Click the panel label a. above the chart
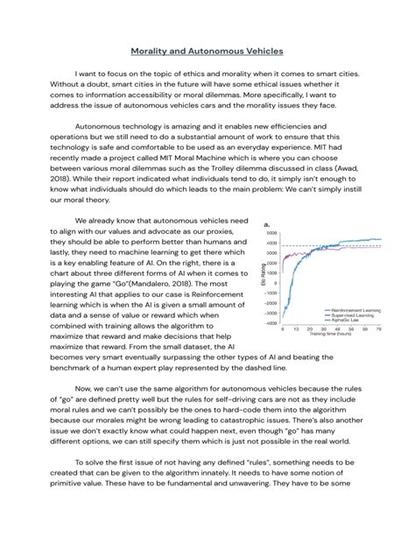click(x=264, y=224)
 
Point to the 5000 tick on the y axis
click(x=271, y=233)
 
